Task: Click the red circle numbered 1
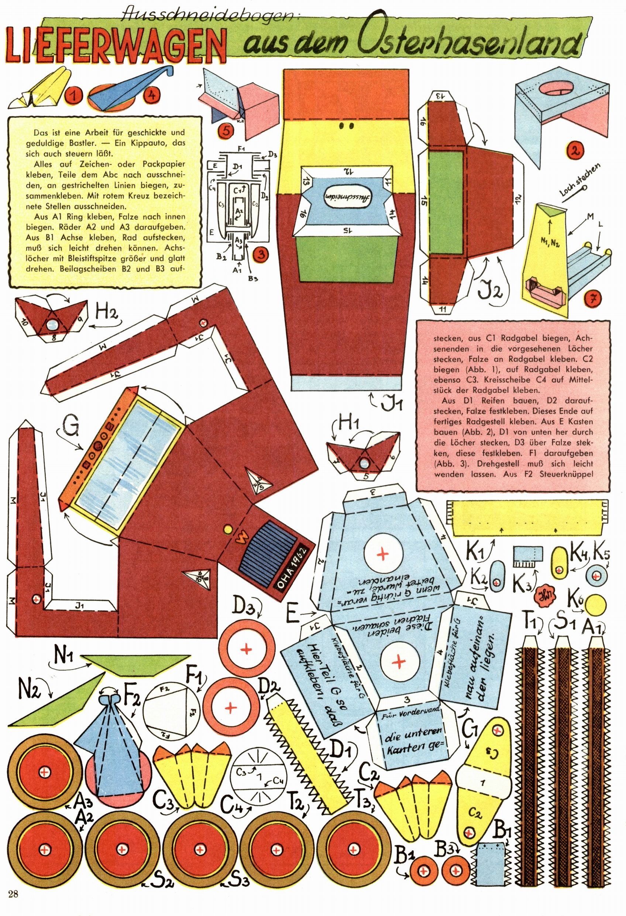click(74, 95)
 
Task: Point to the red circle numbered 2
click(575, 150)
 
